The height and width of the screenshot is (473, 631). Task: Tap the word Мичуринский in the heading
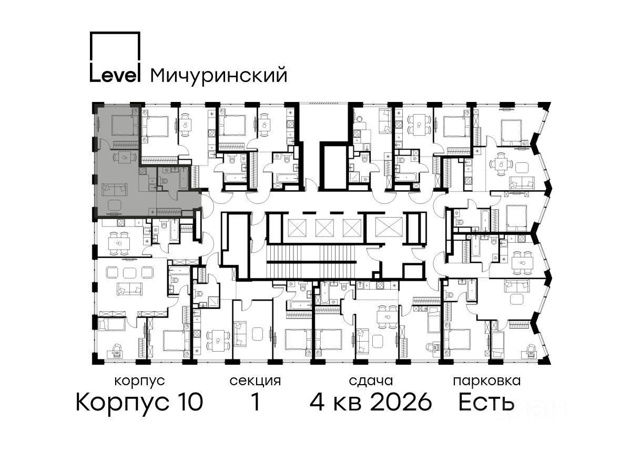(x=219, y=75)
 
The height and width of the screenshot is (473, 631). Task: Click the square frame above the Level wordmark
(x=115, y=46)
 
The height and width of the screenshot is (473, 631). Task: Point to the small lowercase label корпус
(x=139, y=382)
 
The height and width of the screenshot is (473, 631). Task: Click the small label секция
(x=255, y=382)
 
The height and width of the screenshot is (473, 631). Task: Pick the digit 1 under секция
(x=256, y=402)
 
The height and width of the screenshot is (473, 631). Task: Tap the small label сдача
(x=371, y=381)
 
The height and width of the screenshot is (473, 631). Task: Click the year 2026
(x=401, y=402)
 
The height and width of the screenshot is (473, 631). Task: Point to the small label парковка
(x=487, y=382)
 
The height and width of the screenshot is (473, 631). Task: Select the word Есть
(x=486, y=402)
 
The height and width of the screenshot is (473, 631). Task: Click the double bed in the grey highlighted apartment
(x=124, y=125)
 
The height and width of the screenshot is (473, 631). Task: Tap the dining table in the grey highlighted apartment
(x=125, y=157)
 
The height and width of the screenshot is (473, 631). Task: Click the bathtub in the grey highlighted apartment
(x=184, y=178)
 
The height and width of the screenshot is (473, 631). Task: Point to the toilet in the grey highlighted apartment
(x=164, y=181)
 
